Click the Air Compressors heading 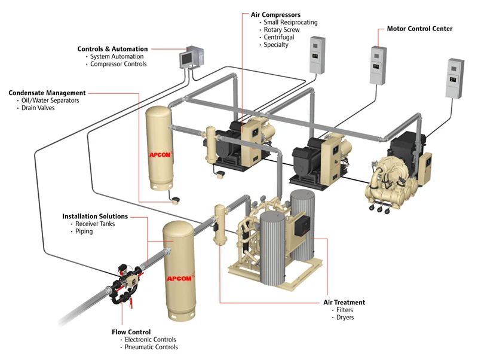(x=275, y=14)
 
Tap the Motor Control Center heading (x=419, y=28)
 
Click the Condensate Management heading (x=47, y=93)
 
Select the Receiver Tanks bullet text (x=95, y=224)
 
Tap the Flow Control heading (x=131, y=331)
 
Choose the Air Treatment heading (x=345, y=302)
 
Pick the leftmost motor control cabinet (x=317, y=55)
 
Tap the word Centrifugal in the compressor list (x=278, y=37)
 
